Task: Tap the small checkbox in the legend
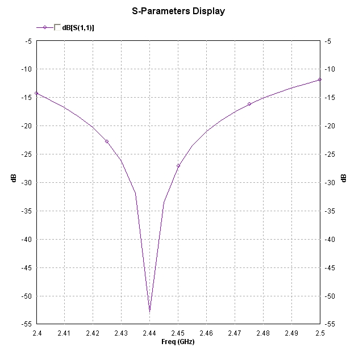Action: [x=57, y=27]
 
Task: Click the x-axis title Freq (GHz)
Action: [x=178, y=342]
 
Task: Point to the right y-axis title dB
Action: [x=344, y=178]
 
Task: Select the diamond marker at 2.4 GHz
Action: [x=36, y=93]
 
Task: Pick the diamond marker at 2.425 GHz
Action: [x=107, y=141]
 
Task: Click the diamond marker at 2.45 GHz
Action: [x=178, y=166]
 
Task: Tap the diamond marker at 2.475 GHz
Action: [x=249, y=104]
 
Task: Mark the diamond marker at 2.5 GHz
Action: [x=320, y=79]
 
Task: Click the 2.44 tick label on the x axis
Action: [x=149, y=333]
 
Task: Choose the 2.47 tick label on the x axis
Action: [x=235, y=333]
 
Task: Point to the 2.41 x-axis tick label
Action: [x=64, y=333]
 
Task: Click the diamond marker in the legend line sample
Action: [x=44, y=27]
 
